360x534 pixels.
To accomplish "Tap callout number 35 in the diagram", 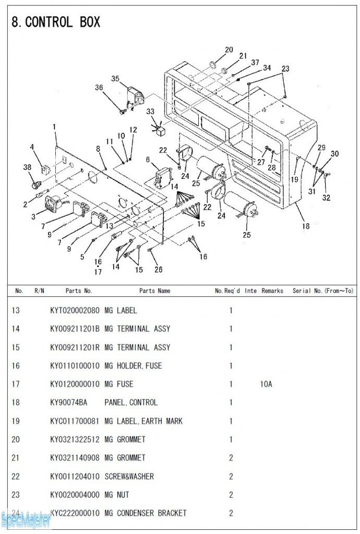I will pos(115,79).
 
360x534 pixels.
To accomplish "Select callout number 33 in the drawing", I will pos(150,112).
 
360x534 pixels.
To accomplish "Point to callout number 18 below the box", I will pos(306,226).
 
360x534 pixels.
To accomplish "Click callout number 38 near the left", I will pos(27,167).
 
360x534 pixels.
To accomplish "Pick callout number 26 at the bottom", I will pos(158,269).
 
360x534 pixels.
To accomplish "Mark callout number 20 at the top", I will pos(229,50).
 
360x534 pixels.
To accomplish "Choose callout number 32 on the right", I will pos(326,198).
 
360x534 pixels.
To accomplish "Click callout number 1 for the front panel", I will pos(54,127).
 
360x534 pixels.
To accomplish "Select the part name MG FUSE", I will pos(119,384).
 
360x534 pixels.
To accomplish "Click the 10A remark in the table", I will pos(266,384).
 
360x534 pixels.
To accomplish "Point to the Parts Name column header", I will pos(154,291).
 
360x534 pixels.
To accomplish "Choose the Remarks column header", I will pos(272,291).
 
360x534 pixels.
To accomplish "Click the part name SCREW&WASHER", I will pos(129,477).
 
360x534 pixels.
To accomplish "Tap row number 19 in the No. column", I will pos(16,421).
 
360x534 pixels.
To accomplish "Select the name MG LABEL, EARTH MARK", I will pos(143,421).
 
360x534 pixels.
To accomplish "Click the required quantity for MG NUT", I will pos(231,495).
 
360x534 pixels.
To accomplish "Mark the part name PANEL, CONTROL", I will pos(131,403).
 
